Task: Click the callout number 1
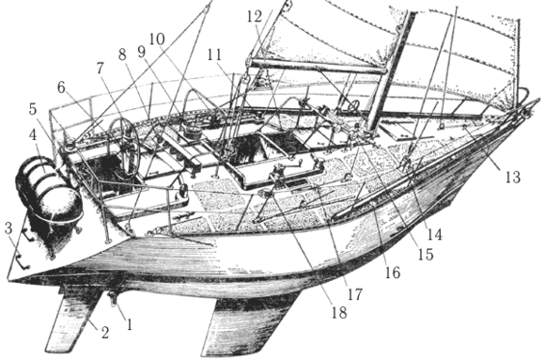point(131,324)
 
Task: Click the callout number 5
point(33,108)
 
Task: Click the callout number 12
point(255,17)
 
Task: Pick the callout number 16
point(391,273)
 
